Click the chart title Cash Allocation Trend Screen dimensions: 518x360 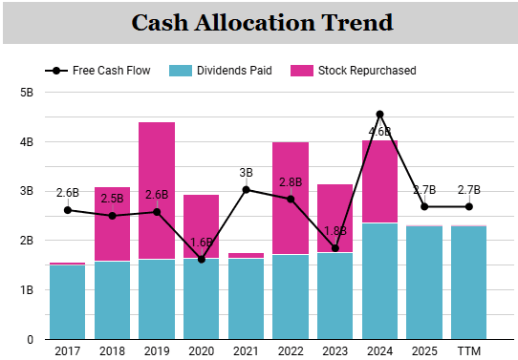[x=262, y=22]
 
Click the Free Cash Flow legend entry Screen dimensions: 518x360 [x=97, y=71]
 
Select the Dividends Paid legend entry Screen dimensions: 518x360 [x=221, y=71]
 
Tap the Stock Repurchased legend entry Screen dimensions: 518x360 [x=354, y=71]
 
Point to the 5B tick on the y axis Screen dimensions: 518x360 [x=27, y=93]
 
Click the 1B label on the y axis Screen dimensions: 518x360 [x=27, y=290]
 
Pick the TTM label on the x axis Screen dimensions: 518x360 [x=468, y=351]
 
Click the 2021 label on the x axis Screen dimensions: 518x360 [x=247, y=351]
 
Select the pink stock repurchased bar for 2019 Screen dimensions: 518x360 [x=157, y=191]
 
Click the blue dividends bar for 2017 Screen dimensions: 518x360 [x=68, y=302]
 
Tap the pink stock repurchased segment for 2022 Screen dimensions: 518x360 [x=291, y=199]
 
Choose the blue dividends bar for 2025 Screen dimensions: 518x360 [x=424, y=283]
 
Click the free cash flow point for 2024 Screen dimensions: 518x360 [x=380, y=115]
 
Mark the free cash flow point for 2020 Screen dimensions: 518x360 [x=202, y=260]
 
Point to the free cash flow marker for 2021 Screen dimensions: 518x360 [x=247, y=190]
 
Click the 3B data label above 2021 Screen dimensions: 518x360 [x=247, y=173]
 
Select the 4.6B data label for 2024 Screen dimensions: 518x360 [x=380, y=132]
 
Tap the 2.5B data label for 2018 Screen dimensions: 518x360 [x=113, y=199]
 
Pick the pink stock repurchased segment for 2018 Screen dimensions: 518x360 [x=113, y=224]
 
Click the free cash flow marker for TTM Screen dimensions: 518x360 [x=468, y=207]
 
